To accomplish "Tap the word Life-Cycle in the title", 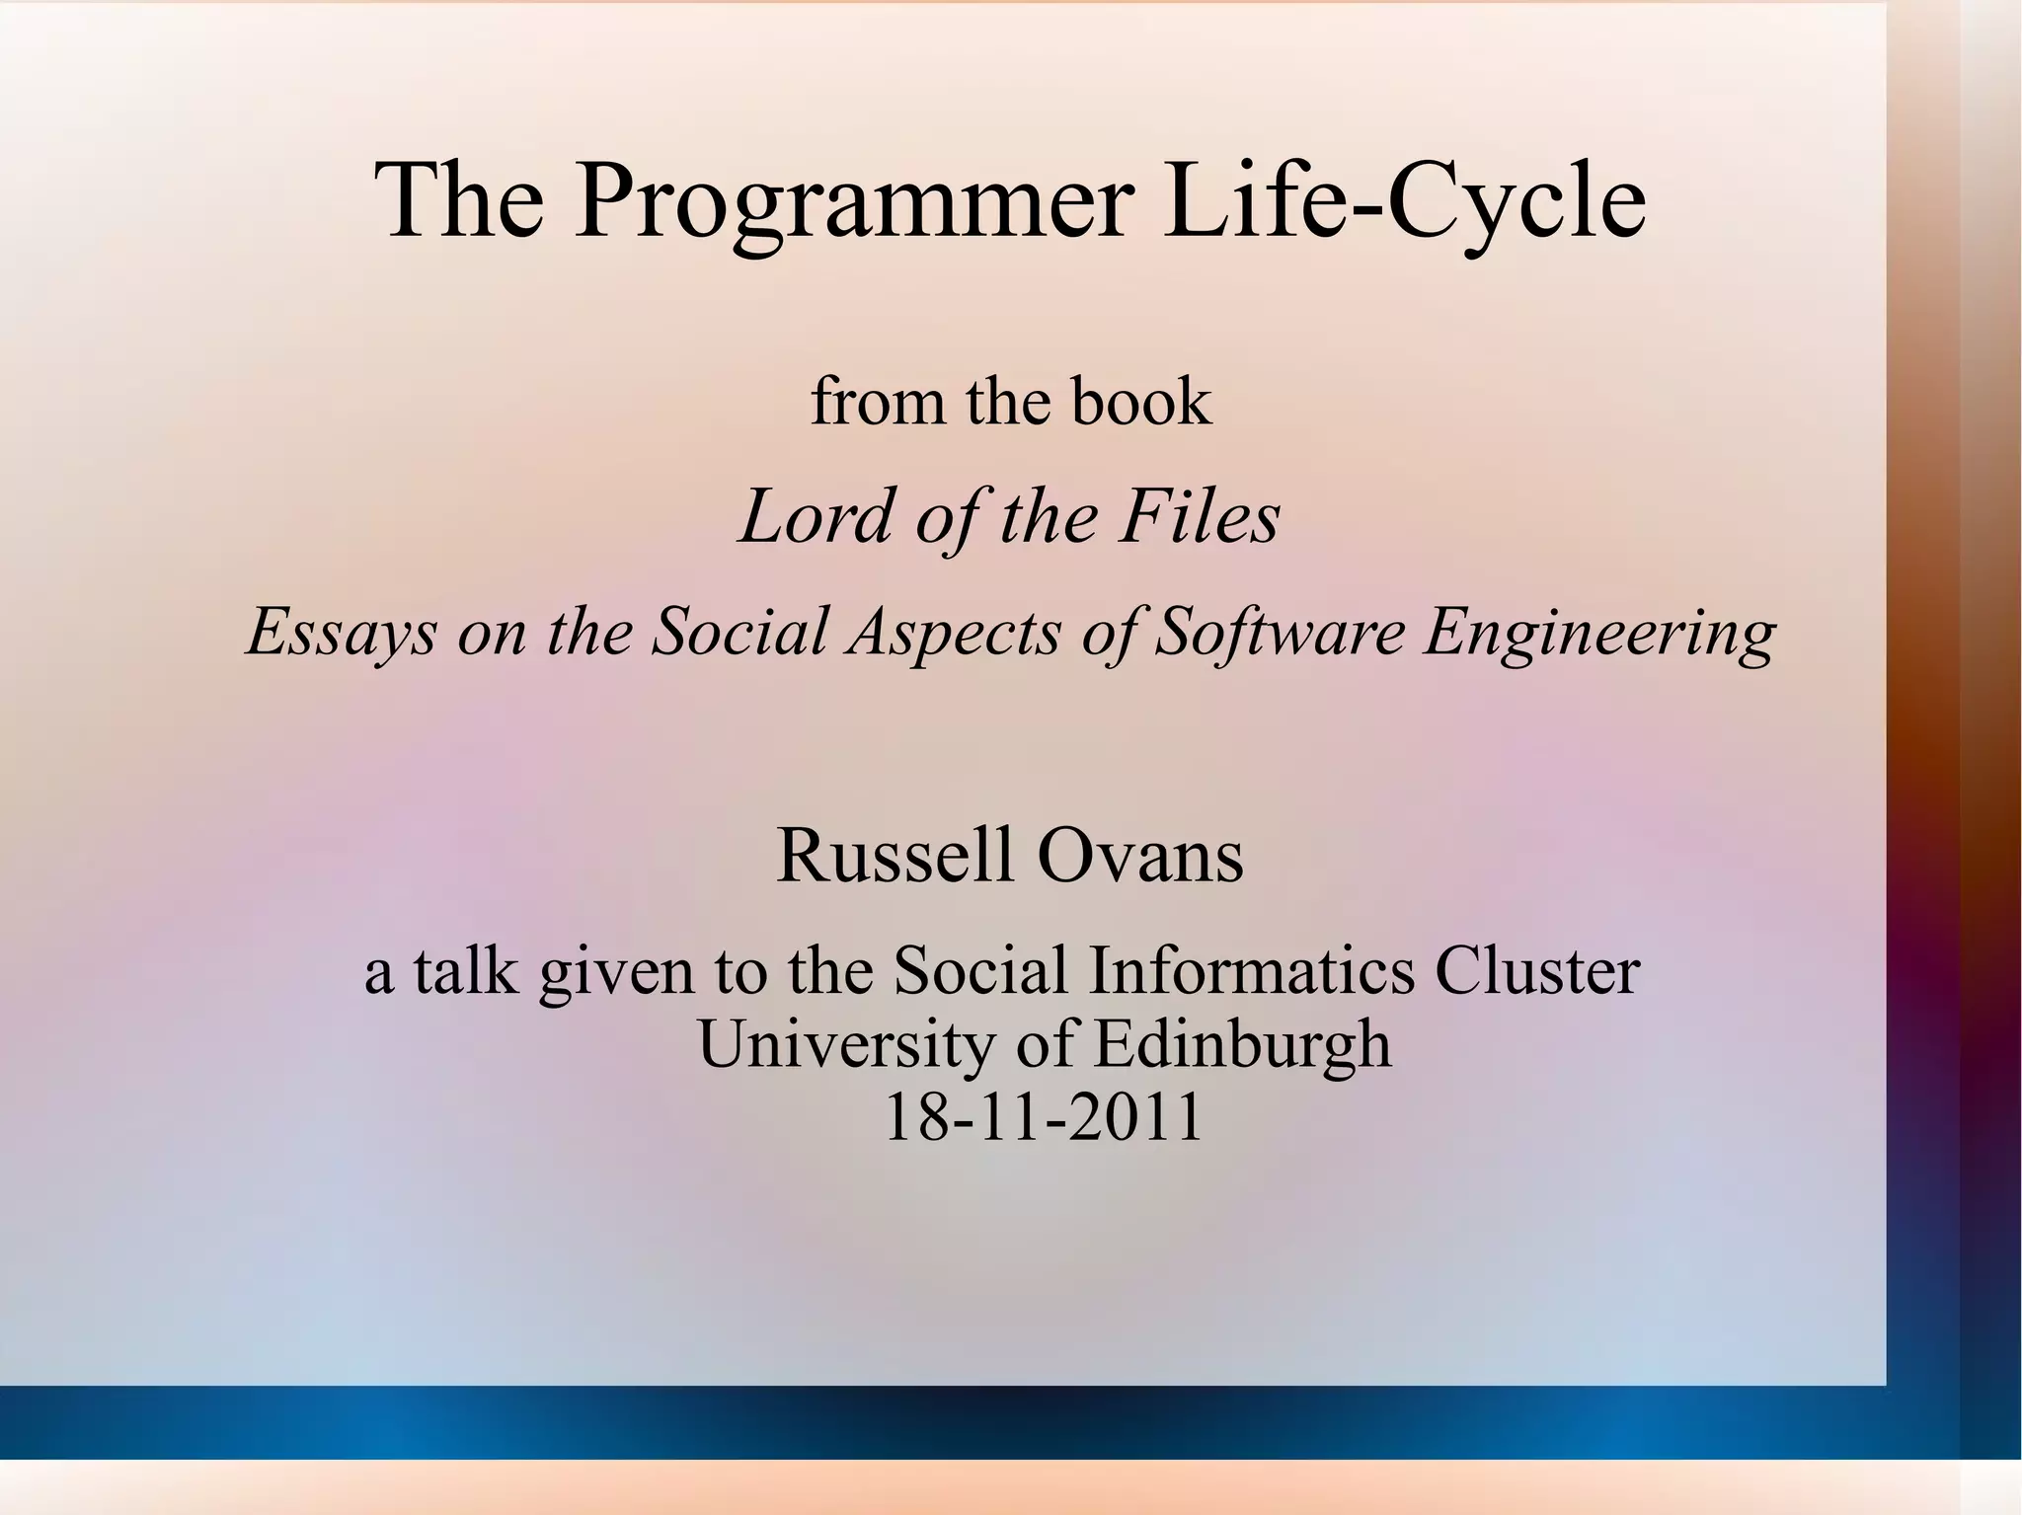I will pos(1404,202).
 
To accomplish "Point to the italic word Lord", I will pos(816,516).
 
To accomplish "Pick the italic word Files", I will pos(1199,516).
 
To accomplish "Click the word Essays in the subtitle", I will pos(341,632).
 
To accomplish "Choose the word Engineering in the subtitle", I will pos(1597,632).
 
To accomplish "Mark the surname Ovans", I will pos(1140,855).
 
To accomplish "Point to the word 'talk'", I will pos(465,970).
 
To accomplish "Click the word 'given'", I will pos(616,972).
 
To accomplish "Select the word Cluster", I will pos(1536,970).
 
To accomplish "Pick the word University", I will pos(846,1044).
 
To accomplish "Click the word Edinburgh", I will pos(1242,1044).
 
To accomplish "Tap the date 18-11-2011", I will pos(1043,1117).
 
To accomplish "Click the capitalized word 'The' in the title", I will pos(459,202).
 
